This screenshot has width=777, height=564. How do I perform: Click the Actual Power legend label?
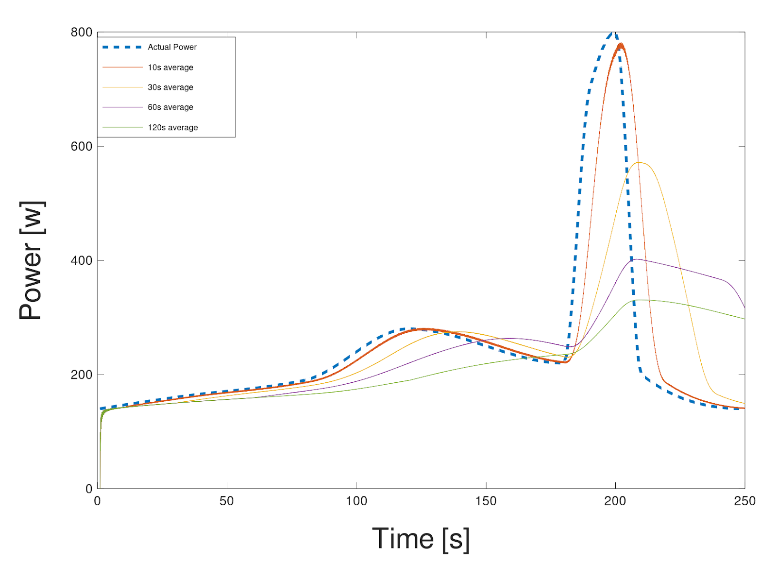click(x=172, y=47)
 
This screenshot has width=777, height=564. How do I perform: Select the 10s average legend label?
click(x=170, y=68)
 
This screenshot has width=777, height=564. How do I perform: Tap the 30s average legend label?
click(x=170, y=87)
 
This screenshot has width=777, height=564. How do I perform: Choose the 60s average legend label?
click(x=170, y=107)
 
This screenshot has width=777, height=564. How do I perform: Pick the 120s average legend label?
click(x=173, y=128)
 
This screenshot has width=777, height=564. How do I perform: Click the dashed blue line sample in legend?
click(x=122, y=47)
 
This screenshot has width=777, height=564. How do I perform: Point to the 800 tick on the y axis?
click(x=81, y=33)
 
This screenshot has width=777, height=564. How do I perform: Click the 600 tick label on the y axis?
click(x=81, y=146)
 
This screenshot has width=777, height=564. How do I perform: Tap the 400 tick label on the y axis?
click(x=81, y=260)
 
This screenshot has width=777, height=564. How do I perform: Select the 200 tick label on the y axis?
click(x=81, y=375)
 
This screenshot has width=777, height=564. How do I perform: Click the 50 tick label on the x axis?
click(x=226, y=501)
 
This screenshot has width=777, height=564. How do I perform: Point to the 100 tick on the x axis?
click(x=356, y=501)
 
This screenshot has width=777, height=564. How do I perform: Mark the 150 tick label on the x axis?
click(x=486, y=501)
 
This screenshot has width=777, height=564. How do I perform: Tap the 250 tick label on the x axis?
click(x=744, y=501)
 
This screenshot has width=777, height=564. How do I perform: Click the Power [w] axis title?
click(x=32, y=260)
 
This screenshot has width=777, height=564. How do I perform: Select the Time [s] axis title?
click(x=421, y=539)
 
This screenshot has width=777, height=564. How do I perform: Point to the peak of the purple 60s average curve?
click(x=636, y=259)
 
